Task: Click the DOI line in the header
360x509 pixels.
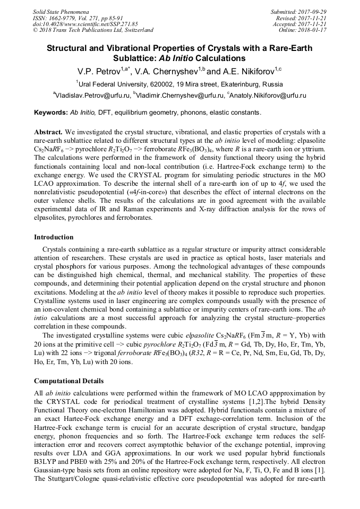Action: [85, 24]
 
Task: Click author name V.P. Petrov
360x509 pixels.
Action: [96, 71]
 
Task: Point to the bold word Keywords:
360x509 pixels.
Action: [51, 113]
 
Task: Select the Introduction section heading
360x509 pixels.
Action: [54, 237]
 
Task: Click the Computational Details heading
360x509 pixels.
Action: [68, 381]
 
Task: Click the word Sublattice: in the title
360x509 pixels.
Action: [135, 58]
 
